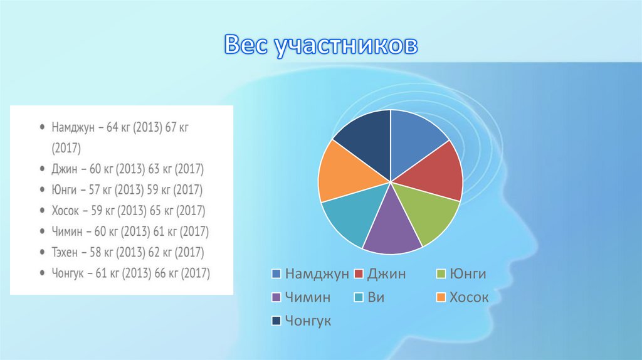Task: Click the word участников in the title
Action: coord(346,46)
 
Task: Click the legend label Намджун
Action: coord(317,273)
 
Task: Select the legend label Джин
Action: coord(386,273)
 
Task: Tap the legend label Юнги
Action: coord(468,273)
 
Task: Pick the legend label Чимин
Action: coord(307,297)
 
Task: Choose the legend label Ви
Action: coord(376,297)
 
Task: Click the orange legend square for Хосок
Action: coord(441,297)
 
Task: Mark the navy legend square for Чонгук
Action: coord(276,320)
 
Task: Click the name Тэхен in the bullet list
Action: coord(65,252)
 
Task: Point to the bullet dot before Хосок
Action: coord(42,211)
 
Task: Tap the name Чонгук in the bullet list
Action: coord(68,273)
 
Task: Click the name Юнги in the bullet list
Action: coord(64,189)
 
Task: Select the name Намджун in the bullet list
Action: coord(73,128)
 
